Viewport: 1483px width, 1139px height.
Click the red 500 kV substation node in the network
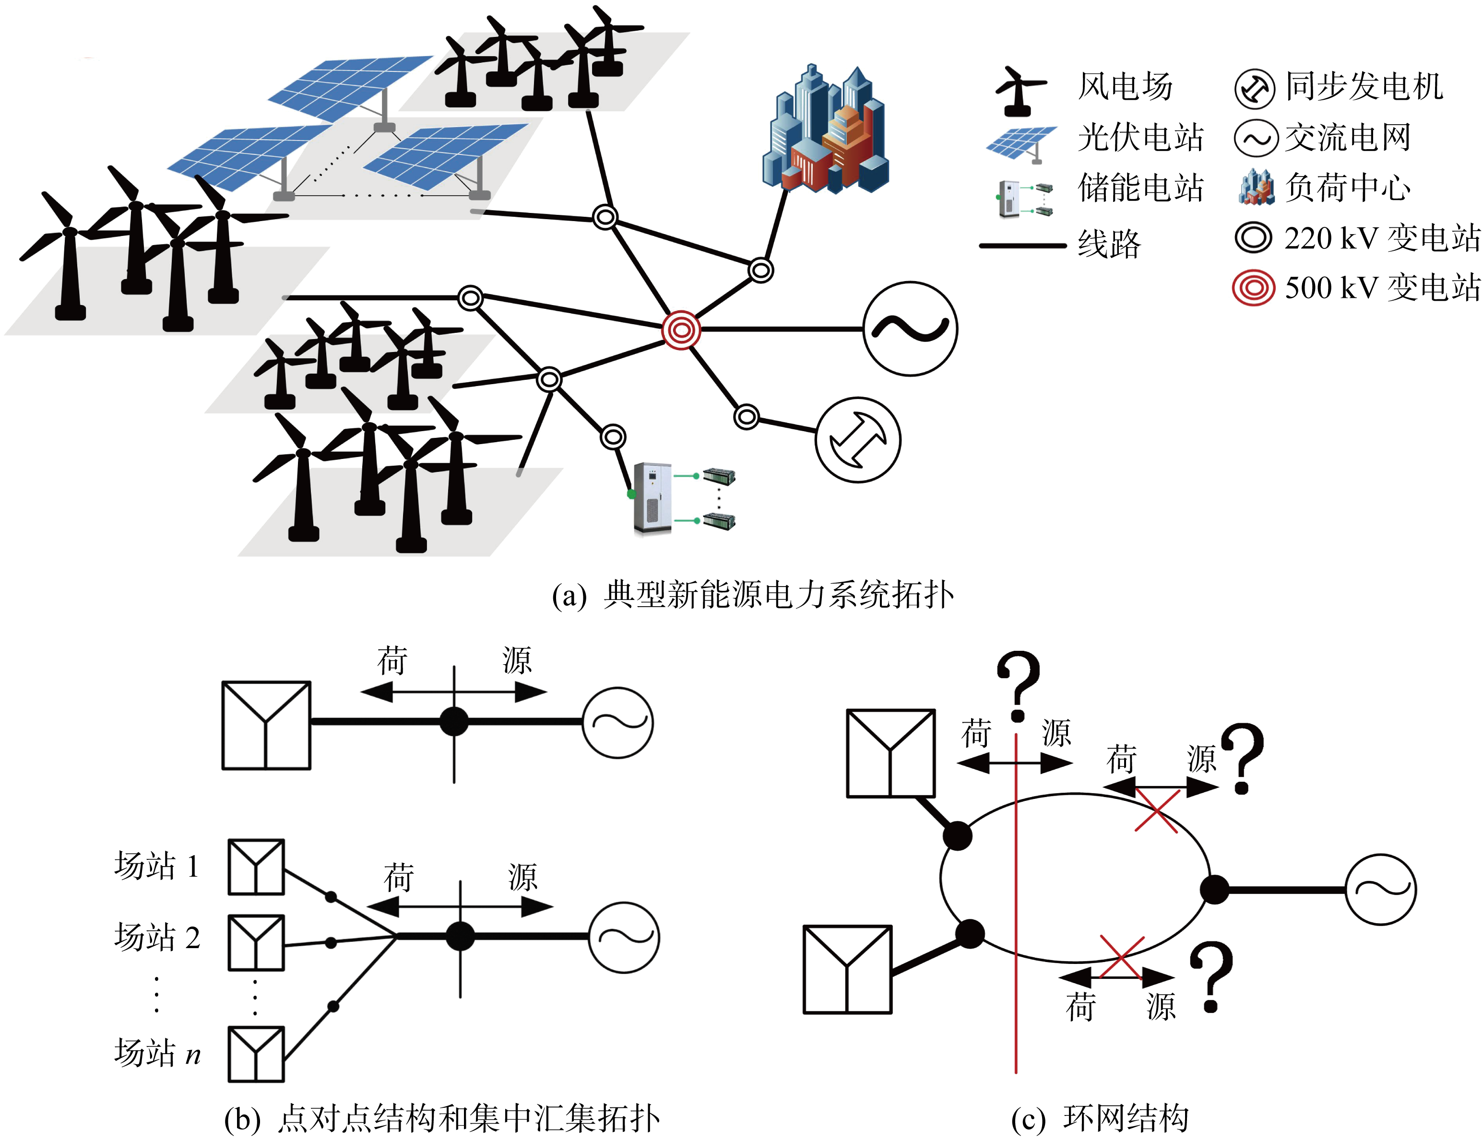[681, 330]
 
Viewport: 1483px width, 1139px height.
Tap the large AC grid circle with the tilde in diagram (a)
[910, 329]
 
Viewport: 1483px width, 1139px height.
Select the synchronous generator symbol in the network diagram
[858, 439]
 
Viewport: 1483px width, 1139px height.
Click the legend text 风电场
[1125, 87]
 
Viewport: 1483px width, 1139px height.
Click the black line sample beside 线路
[1022, 246]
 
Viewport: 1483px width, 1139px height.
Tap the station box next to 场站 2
[256, 943]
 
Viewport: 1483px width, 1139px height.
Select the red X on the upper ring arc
[1157, 810]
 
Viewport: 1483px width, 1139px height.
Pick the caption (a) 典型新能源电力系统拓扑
[753, 595]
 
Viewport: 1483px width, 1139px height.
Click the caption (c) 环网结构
[1099, 1119]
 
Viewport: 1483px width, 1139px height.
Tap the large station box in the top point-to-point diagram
[266, 726]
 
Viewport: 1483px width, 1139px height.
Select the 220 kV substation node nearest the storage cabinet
[613, 436]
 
